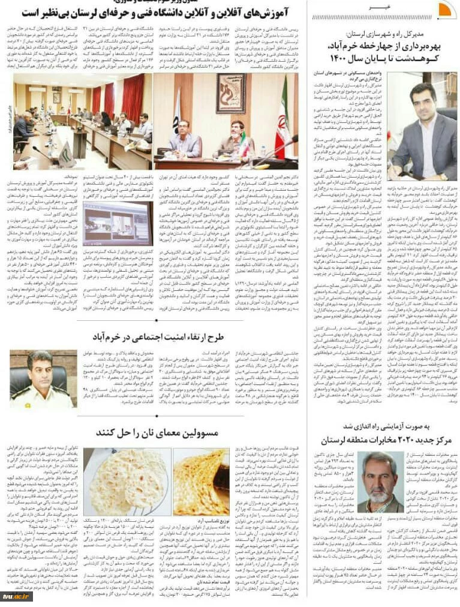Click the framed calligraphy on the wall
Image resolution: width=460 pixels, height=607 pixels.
[231, 94]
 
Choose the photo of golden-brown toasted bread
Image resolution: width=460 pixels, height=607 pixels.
[201, 482]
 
